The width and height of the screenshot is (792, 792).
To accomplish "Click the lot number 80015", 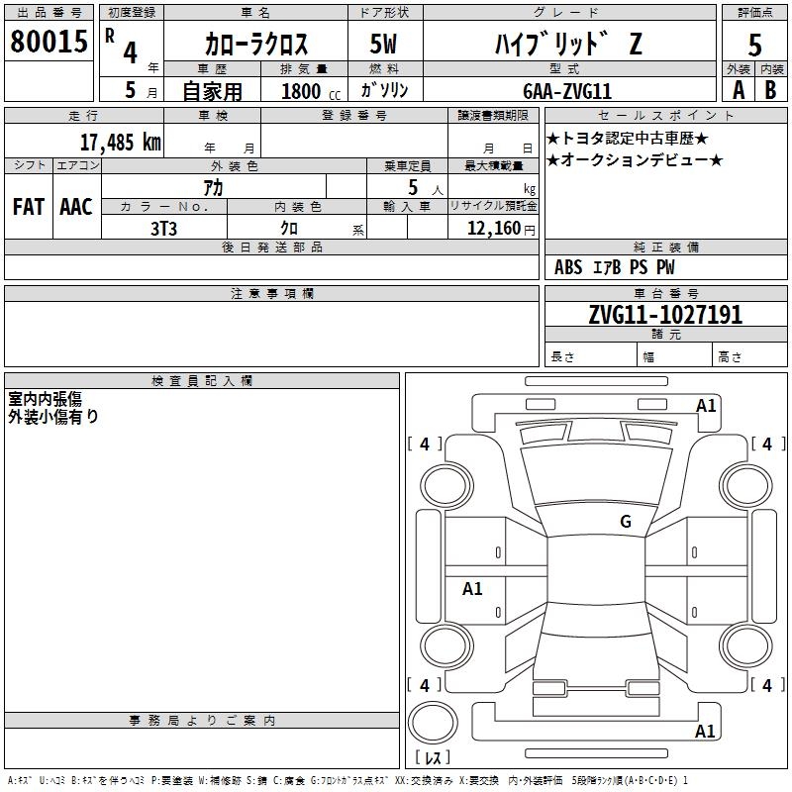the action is [x=47, y=42].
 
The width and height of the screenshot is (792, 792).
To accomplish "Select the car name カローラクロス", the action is [x=255, y=45].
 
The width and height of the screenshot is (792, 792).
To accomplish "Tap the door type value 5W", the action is [x=384, y=45].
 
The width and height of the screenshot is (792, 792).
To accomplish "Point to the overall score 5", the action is [x=754, y=46].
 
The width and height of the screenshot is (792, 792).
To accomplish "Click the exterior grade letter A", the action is [x=738, y=89].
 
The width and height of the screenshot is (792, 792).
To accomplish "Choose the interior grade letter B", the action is [x=770, y=89].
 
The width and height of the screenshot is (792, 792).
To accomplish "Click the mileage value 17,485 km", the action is [x=120, y=142].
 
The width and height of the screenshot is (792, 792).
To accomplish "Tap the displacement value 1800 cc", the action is [x=307, y=91].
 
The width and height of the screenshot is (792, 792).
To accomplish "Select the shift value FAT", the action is [x=28, y=207].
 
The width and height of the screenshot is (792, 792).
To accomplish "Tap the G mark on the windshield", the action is [x=625, y=522].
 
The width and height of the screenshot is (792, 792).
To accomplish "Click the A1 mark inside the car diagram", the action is [x=473, y=588].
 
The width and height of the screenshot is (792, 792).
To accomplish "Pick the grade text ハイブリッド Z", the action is [x=566, y=45].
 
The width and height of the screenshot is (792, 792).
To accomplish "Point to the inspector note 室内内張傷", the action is [x=46, y=399].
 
